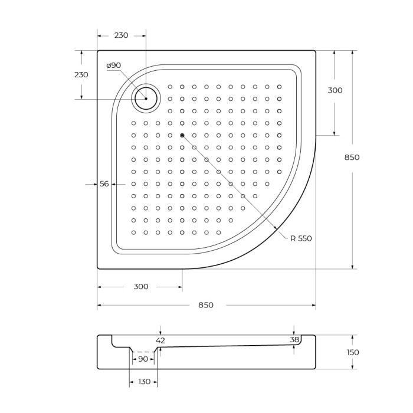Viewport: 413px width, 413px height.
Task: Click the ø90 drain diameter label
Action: (x=113, y=65)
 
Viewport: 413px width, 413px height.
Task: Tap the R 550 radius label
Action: (x=300, y=238)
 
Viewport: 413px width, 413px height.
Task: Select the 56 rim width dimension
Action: (x=104, y=184)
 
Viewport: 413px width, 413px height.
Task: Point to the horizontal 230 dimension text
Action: (x=121, y=35)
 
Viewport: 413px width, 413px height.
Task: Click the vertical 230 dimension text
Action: (x=81, y=75)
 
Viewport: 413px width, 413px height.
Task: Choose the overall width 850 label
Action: (x=206, y=305)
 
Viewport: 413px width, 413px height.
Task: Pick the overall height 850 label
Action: (x=352, y=158)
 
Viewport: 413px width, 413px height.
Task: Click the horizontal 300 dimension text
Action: (x=141, y=287)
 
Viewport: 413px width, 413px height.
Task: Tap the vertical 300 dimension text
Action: (x=335, y=90)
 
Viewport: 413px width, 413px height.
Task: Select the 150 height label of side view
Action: (x=353, y=352)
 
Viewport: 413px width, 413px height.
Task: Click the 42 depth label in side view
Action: (x=160, y=340)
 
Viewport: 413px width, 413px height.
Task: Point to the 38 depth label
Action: (x=294, y=339)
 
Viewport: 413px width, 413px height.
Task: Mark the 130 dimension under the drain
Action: (x=144, y=382)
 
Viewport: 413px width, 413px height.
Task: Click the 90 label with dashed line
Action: (x=143, y=359)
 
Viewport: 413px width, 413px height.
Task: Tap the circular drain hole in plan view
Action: (x=146, y=99)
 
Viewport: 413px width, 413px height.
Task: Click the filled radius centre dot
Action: (x=182, y=136)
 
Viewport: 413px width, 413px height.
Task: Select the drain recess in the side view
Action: (x=143, y=349)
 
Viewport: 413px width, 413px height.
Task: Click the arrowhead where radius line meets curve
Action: (x=276, y=228)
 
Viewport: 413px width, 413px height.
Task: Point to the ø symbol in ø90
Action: (x=109, y=65)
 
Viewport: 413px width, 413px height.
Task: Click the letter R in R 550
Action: (x=292, y=238)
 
